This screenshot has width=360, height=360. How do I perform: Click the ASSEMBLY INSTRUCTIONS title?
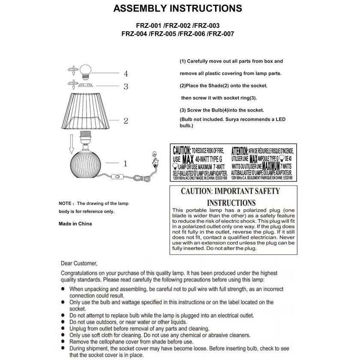point(177,9)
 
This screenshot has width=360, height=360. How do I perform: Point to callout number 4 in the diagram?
point(126,73)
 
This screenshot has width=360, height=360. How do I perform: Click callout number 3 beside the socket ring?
point(126,87)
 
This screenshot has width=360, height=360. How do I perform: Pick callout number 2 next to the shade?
point(126,121)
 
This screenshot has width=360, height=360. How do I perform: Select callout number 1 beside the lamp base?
point(125,163)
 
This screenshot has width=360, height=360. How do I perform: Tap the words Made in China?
point(75,224)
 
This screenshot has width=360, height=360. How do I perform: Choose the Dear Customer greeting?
point(79,264)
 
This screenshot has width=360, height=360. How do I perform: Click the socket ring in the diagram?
point(89,86)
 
